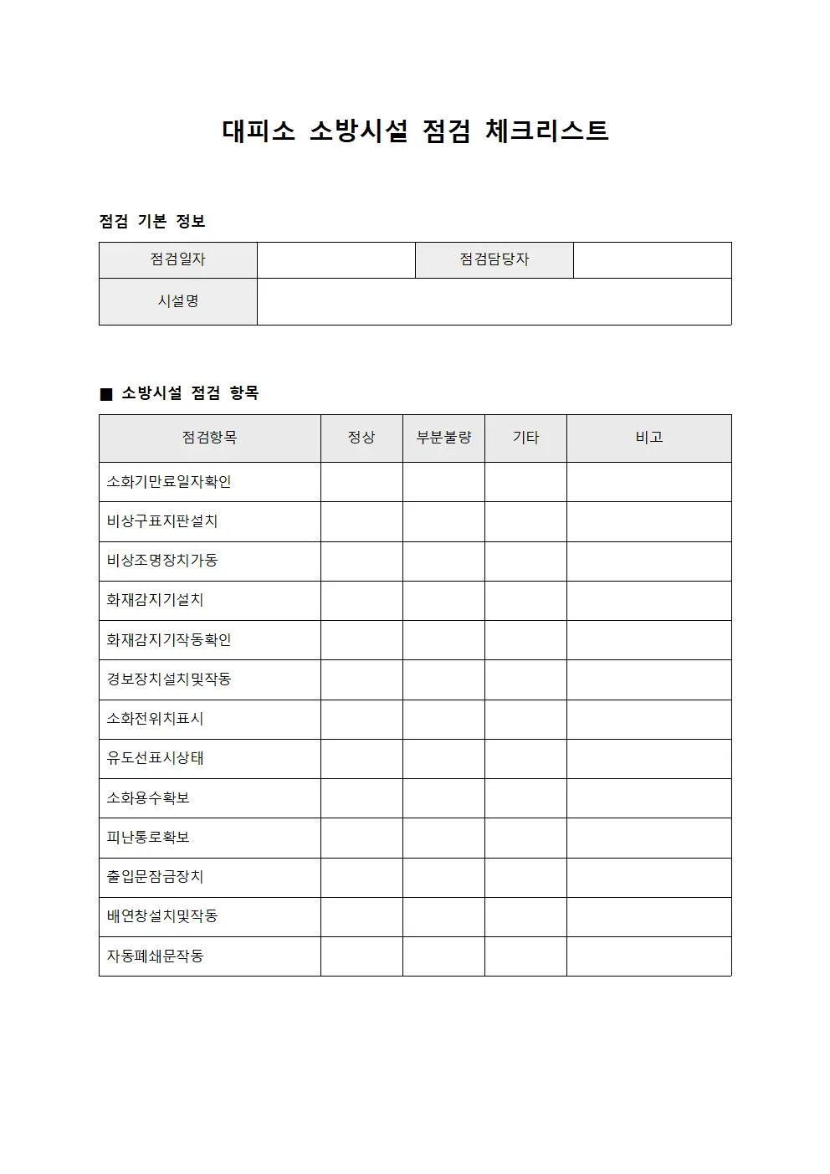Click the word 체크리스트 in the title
tap(546, 131)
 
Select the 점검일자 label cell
tap(177, 259)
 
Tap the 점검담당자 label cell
tap(494, 259)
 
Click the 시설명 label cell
tap(177, 301)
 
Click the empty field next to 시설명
tap(494, 301)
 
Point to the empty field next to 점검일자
tap(336, 259)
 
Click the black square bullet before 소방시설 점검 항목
tap(106, 394)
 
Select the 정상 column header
tap(361, 438)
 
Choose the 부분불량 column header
tap(443, 438)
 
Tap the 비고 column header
tap(648, 438)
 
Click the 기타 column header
tap(525, 438)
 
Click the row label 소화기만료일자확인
tap(169, 482)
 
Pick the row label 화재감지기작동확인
tap(169, 640)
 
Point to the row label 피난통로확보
tap(148, 838)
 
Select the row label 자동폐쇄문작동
tap(155, 956)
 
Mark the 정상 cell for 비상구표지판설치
tap(361, 521)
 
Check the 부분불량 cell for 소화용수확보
tap(443, 798)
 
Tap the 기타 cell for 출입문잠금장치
tap(525, 877)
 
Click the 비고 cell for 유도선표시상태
tap(648, 759)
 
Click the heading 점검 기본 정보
tap(152, 222)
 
